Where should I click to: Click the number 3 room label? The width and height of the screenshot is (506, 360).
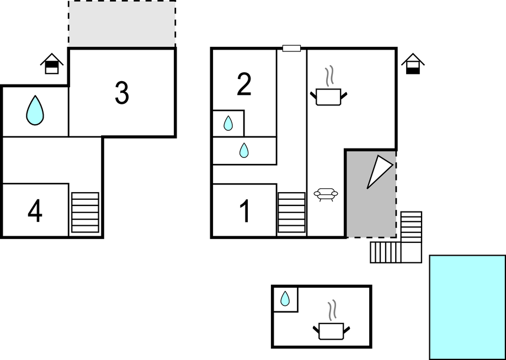(122, 93)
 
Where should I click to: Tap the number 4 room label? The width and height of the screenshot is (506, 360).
(35, 211)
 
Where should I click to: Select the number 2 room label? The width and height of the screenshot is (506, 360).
(244, 84)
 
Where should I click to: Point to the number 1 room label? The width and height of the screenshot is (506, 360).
(245, 211)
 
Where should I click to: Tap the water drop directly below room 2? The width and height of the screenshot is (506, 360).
(228, 123)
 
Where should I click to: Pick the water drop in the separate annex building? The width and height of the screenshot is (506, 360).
(285, 299)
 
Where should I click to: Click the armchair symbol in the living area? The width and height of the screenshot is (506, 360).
(326, 194)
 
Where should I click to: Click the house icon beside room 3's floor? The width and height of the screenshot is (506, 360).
(52, 63)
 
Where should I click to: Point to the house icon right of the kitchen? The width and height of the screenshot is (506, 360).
(413, 63)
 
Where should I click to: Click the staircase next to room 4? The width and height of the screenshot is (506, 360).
(85, 213)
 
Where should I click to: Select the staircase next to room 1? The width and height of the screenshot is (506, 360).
(291, 213)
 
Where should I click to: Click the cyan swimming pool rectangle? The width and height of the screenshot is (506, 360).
(467, 308)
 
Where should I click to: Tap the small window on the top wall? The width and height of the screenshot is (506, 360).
(292, 49)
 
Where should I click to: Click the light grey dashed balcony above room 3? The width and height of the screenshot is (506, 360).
(122, 24)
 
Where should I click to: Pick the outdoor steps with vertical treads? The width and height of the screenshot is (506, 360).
(385, 252)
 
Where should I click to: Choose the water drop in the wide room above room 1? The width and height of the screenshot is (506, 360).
(244, 150)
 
